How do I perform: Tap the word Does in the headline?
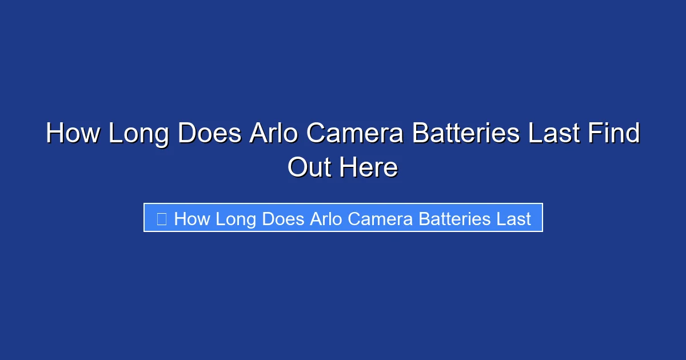[x=210, y=134]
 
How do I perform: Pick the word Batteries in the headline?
[x=466, y=134]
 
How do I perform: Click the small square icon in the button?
[x=162, y=219]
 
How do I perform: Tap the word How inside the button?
[x=192, y=219]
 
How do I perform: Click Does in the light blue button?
[x=284, y=219]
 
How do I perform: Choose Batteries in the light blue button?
[x=453, y=219]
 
